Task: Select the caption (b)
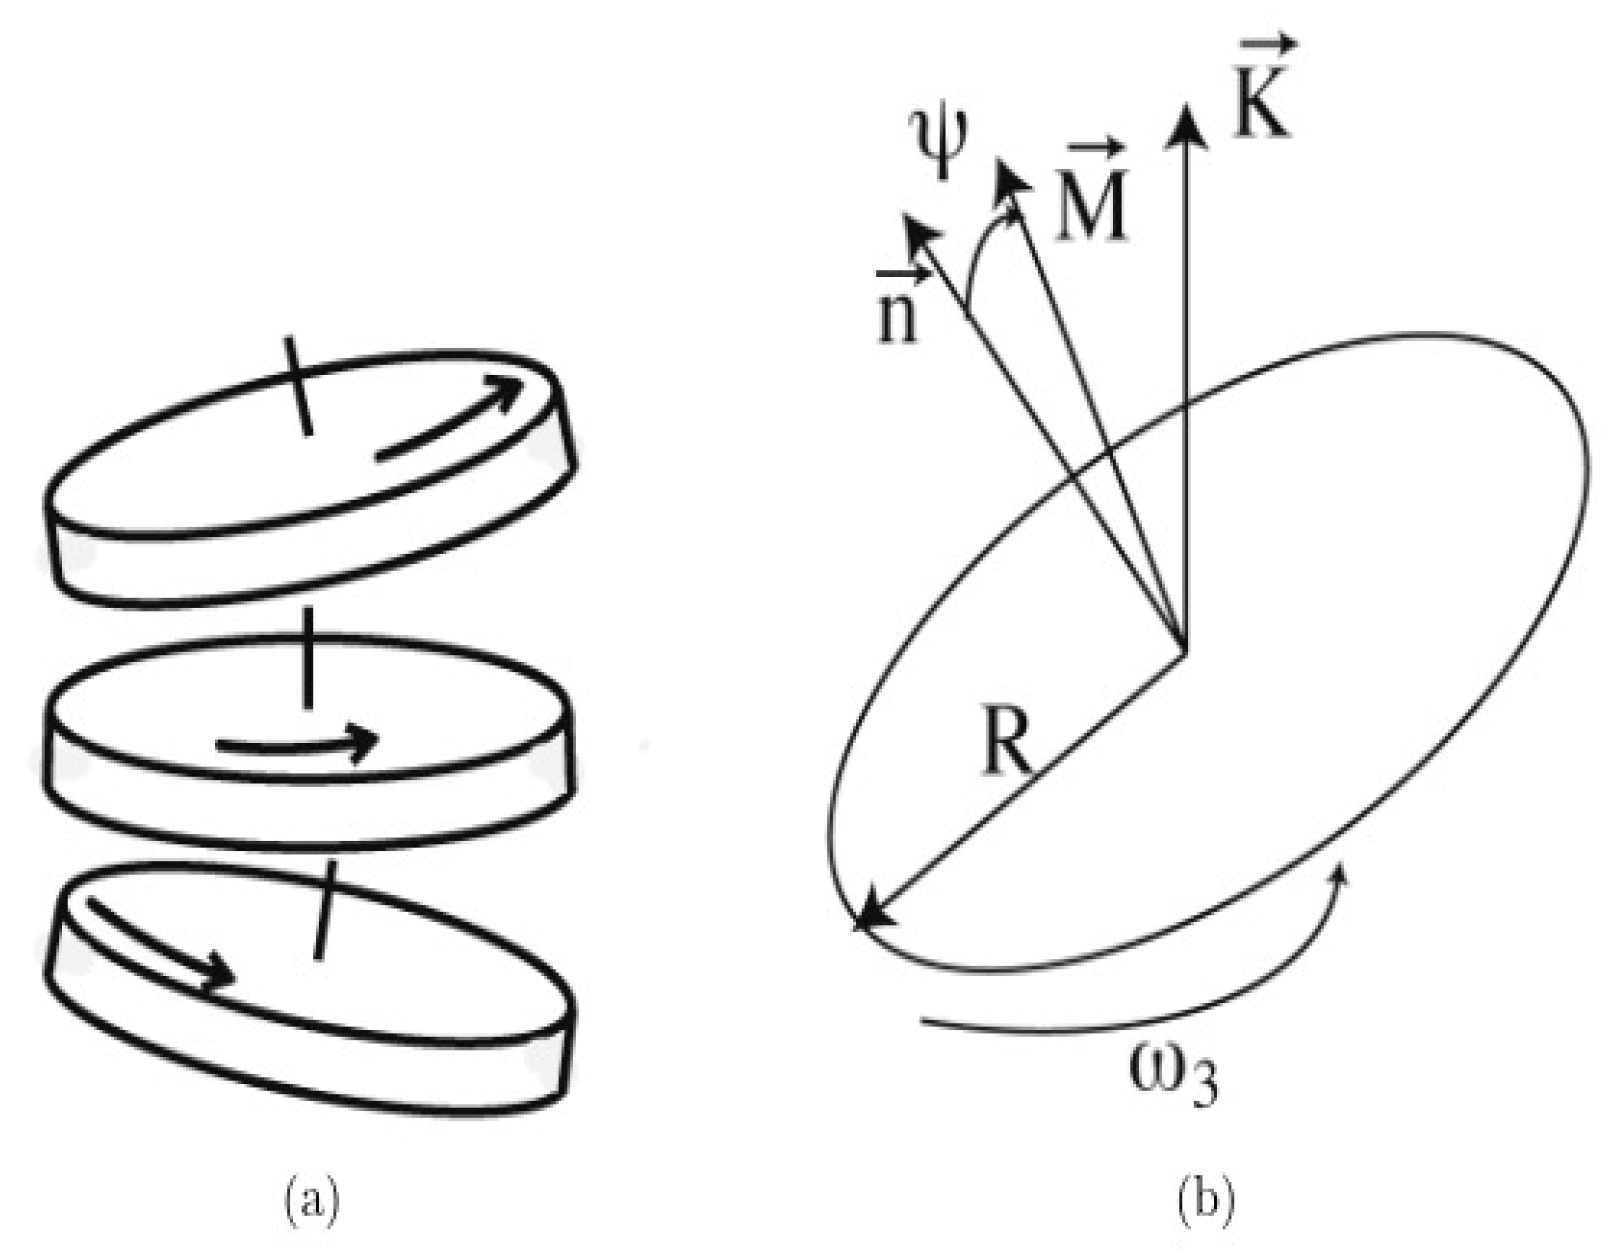(1207, 1197)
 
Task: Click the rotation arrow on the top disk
(450, 420)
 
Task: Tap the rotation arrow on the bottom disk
(160, 940)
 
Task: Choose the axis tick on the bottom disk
(324, 910)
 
